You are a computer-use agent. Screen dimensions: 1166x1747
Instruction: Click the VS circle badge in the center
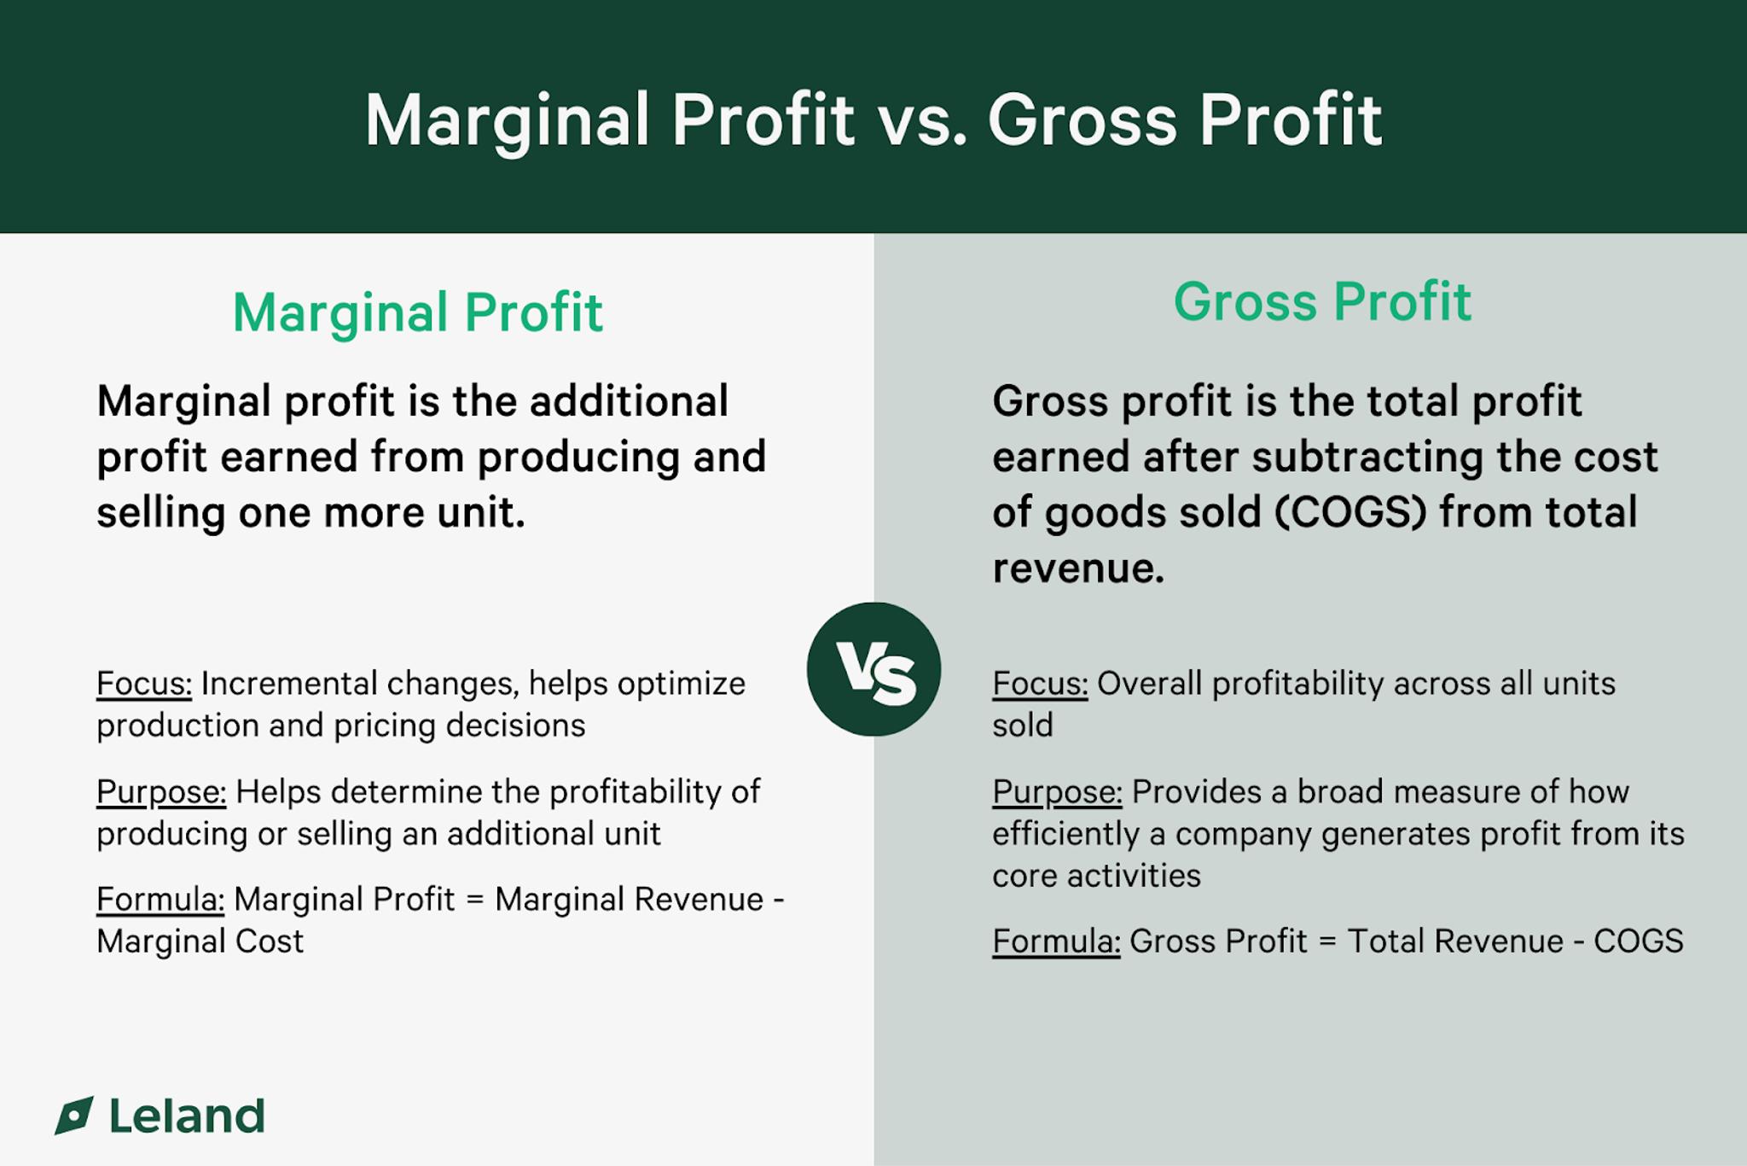click(x=873, y=669)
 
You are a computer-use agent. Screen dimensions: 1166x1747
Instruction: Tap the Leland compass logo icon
click(x=74, y=1116)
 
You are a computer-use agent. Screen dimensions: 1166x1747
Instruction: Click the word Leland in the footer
click(x=187, y=1116)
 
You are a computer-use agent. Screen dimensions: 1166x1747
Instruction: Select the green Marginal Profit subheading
click(x=417, y=312)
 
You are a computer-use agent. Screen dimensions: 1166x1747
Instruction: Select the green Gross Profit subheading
click(x=1322, y=301)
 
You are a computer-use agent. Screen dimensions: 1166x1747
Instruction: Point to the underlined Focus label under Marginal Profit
click(x=144, y=684)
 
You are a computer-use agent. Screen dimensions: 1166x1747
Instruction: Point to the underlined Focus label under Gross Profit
click(x=1040, y=684)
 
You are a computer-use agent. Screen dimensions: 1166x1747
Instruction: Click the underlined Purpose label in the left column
click(x=161, y=792)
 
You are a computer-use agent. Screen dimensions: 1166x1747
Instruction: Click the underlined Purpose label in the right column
click(x=1057, y=792)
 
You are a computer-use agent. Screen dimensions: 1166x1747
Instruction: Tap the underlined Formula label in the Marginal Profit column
click(x=160, y=900)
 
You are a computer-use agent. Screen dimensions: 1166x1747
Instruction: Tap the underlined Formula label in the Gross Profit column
click(x=1056, y=942)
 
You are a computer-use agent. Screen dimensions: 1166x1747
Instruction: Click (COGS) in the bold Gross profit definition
click(x=1350, y=512)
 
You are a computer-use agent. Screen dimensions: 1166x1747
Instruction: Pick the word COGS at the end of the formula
click(x=1638, y=942)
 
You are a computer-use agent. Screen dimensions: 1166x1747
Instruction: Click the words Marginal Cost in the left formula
click(x=200, y=942)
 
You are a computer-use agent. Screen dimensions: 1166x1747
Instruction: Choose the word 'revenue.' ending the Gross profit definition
click(x=1077, y=568)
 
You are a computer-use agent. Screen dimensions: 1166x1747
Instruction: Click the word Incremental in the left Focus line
click(x=288, y=684)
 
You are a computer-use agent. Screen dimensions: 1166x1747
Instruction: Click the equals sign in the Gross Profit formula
click(x=1327, y=942)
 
